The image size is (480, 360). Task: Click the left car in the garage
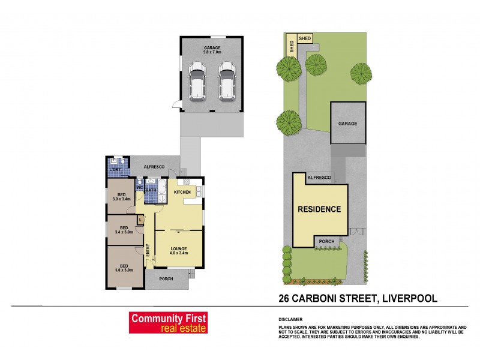[197, 80]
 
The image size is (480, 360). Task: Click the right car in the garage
[226, 80]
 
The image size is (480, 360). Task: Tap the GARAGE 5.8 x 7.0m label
[212, 50]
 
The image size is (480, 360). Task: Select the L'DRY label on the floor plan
[115, 170]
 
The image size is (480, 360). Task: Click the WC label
[139, 187]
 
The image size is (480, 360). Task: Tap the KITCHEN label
[182, 192]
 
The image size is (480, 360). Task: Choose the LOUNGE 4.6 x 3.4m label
[179, 251]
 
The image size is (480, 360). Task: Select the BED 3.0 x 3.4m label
[121, 197]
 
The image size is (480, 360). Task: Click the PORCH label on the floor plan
[166, 279]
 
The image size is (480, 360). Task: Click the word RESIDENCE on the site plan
[320, 209]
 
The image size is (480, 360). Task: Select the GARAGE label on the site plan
[347, 124]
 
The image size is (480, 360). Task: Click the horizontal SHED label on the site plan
[305, 38]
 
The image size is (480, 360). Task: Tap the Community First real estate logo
[169, 323]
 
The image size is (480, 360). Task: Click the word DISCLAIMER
[290, 319]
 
